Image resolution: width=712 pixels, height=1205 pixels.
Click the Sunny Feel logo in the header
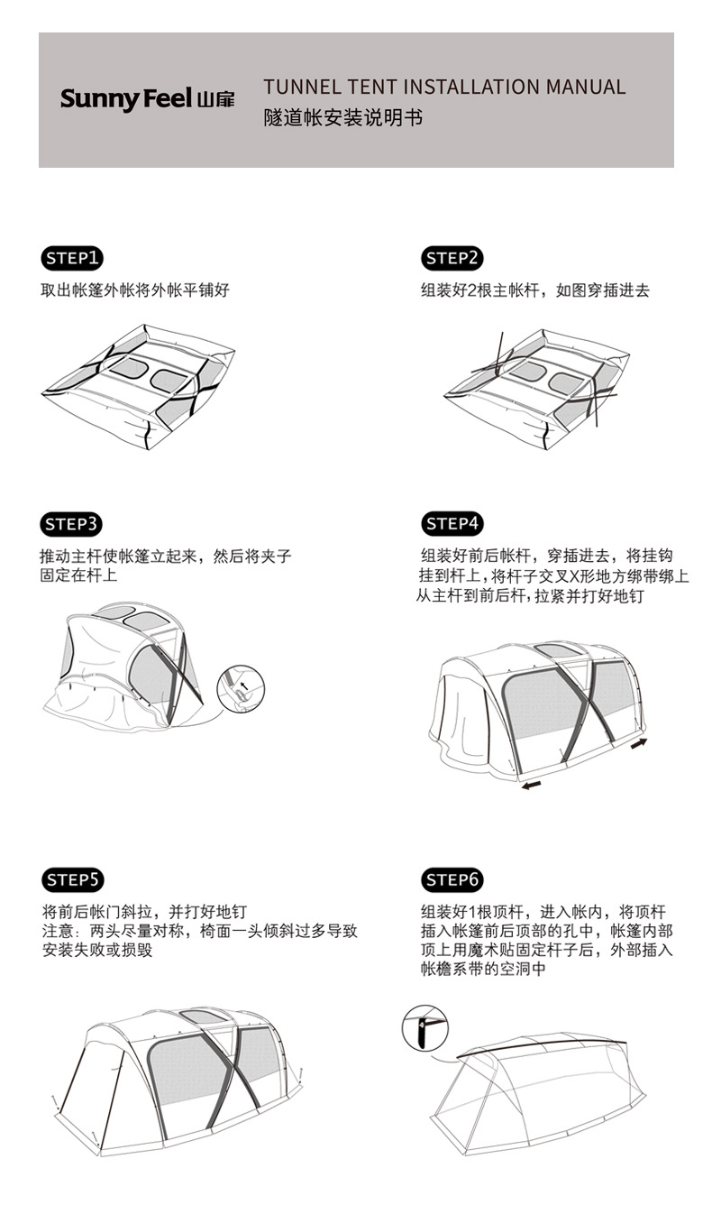147,98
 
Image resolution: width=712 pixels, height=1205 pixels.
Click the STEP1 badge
73,259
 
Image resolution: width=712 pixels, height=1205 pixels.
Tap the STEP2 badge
452,259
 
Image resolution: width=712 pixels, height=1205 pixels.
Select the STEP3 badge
73,524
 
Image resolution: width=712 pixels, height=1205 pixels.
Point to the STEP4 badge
452,524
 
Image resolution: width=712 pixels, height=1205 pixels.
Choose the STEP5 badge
73,879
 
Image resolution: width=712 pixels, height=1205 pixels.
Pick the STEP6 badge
452,879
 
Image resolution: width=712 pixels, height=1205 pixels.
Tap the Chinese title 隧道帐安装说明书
342,118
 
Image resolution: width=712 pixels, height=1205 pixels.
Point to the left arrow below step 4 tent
533,786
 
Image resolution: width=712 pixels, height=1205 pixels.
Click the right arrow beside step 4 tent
639,742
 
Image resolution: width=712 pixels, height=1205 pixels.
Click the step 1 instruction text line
135,290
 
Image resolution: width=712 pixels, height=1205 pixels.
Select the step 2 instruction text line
534,290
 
